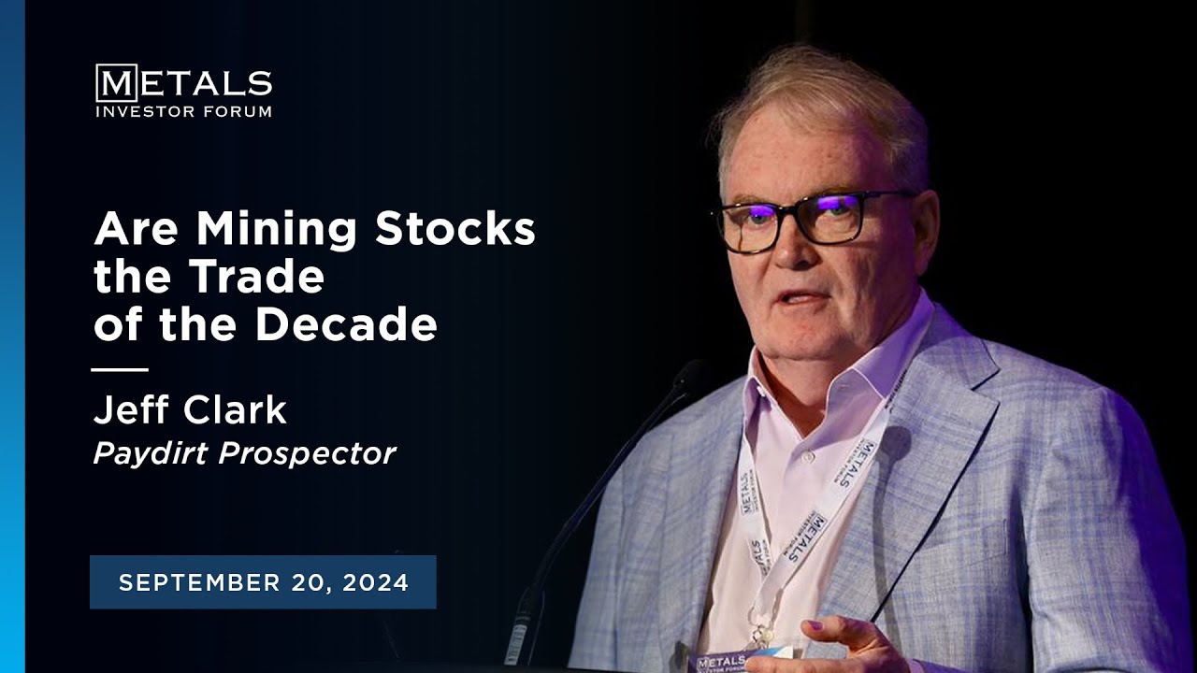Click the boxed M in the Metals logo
(x=117, y=83)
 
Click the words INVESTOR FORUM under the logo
(x=184, y=111)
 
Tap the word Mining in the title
(x=276, y=230)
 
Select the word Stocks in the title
(x=454, y=228)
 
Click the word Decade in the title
(x=346, y=323)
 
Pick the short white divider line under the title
(x=120, y=369)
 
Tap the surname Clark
(x=235, y=409)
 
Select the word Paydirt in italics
(x=151, y=454)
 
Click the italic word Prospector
(x=308, y=455)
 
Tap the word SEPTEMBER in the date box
(x=199, y=582)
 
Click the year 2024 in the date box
(x=376, y=582)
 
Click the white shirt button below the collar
(x=807, y=457)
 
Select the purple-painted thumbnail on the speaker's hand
(x=814, y=625)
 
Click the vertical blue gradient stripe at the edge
(x=12, y=336)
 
